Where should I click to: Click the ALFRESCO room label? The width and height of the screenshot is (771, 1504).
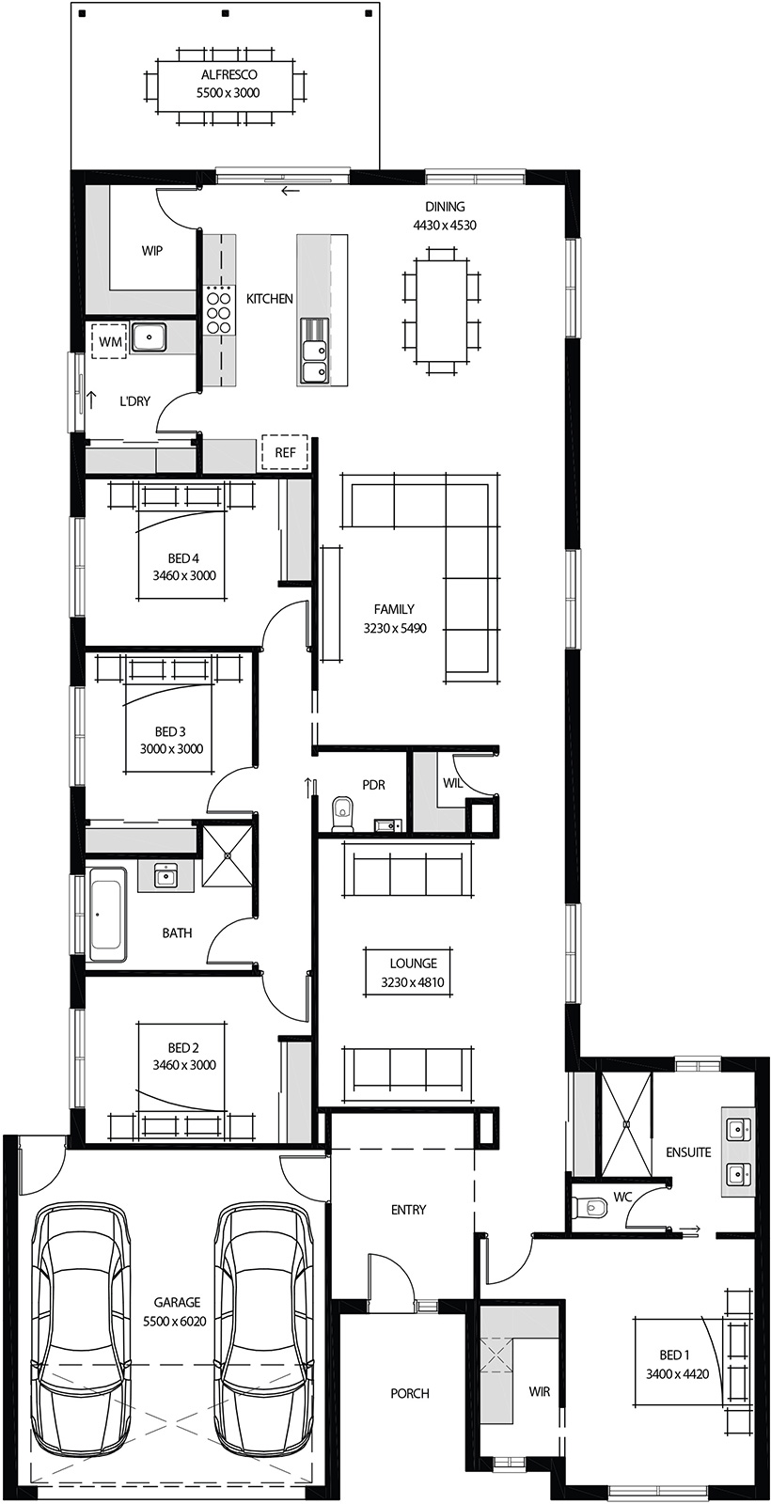(228, 74)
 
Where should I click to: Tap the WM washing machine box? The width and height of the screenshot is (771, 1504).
(110, 342)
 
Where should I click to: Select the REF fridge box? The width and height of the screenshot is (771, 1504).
(285, 452)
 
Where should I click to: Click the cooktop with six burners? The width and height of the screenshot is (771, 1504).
(218, 308)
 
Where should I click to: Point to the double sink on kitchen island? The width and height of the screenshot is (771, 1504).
(314, 362)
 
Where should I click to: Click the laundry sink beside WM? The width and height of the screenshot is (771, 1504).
(149, 337)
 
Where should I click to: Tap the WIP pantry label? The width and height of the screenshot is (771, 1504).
(151, 251)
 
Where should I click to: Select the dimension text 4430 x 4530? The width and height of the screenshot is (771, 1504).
(445, 226)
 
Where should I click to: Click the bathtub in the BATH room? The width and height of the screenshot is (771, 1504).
(106, 915)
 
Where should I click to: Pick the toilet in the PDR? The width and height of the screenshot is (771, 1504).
(342, 814)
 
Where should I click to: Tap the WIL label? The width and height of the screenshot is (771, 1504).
(452, 783)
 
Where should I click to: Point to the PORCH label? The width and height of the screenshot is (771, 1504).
(410, 1393)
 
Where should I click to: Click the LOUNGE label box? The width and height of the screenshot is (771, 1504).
(414, 973)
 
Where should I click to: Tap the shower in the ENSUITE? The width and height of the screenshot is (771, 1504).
(626, 1124)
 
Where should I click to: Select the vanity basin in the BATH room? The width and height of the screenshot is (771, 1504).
(165, 876)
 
